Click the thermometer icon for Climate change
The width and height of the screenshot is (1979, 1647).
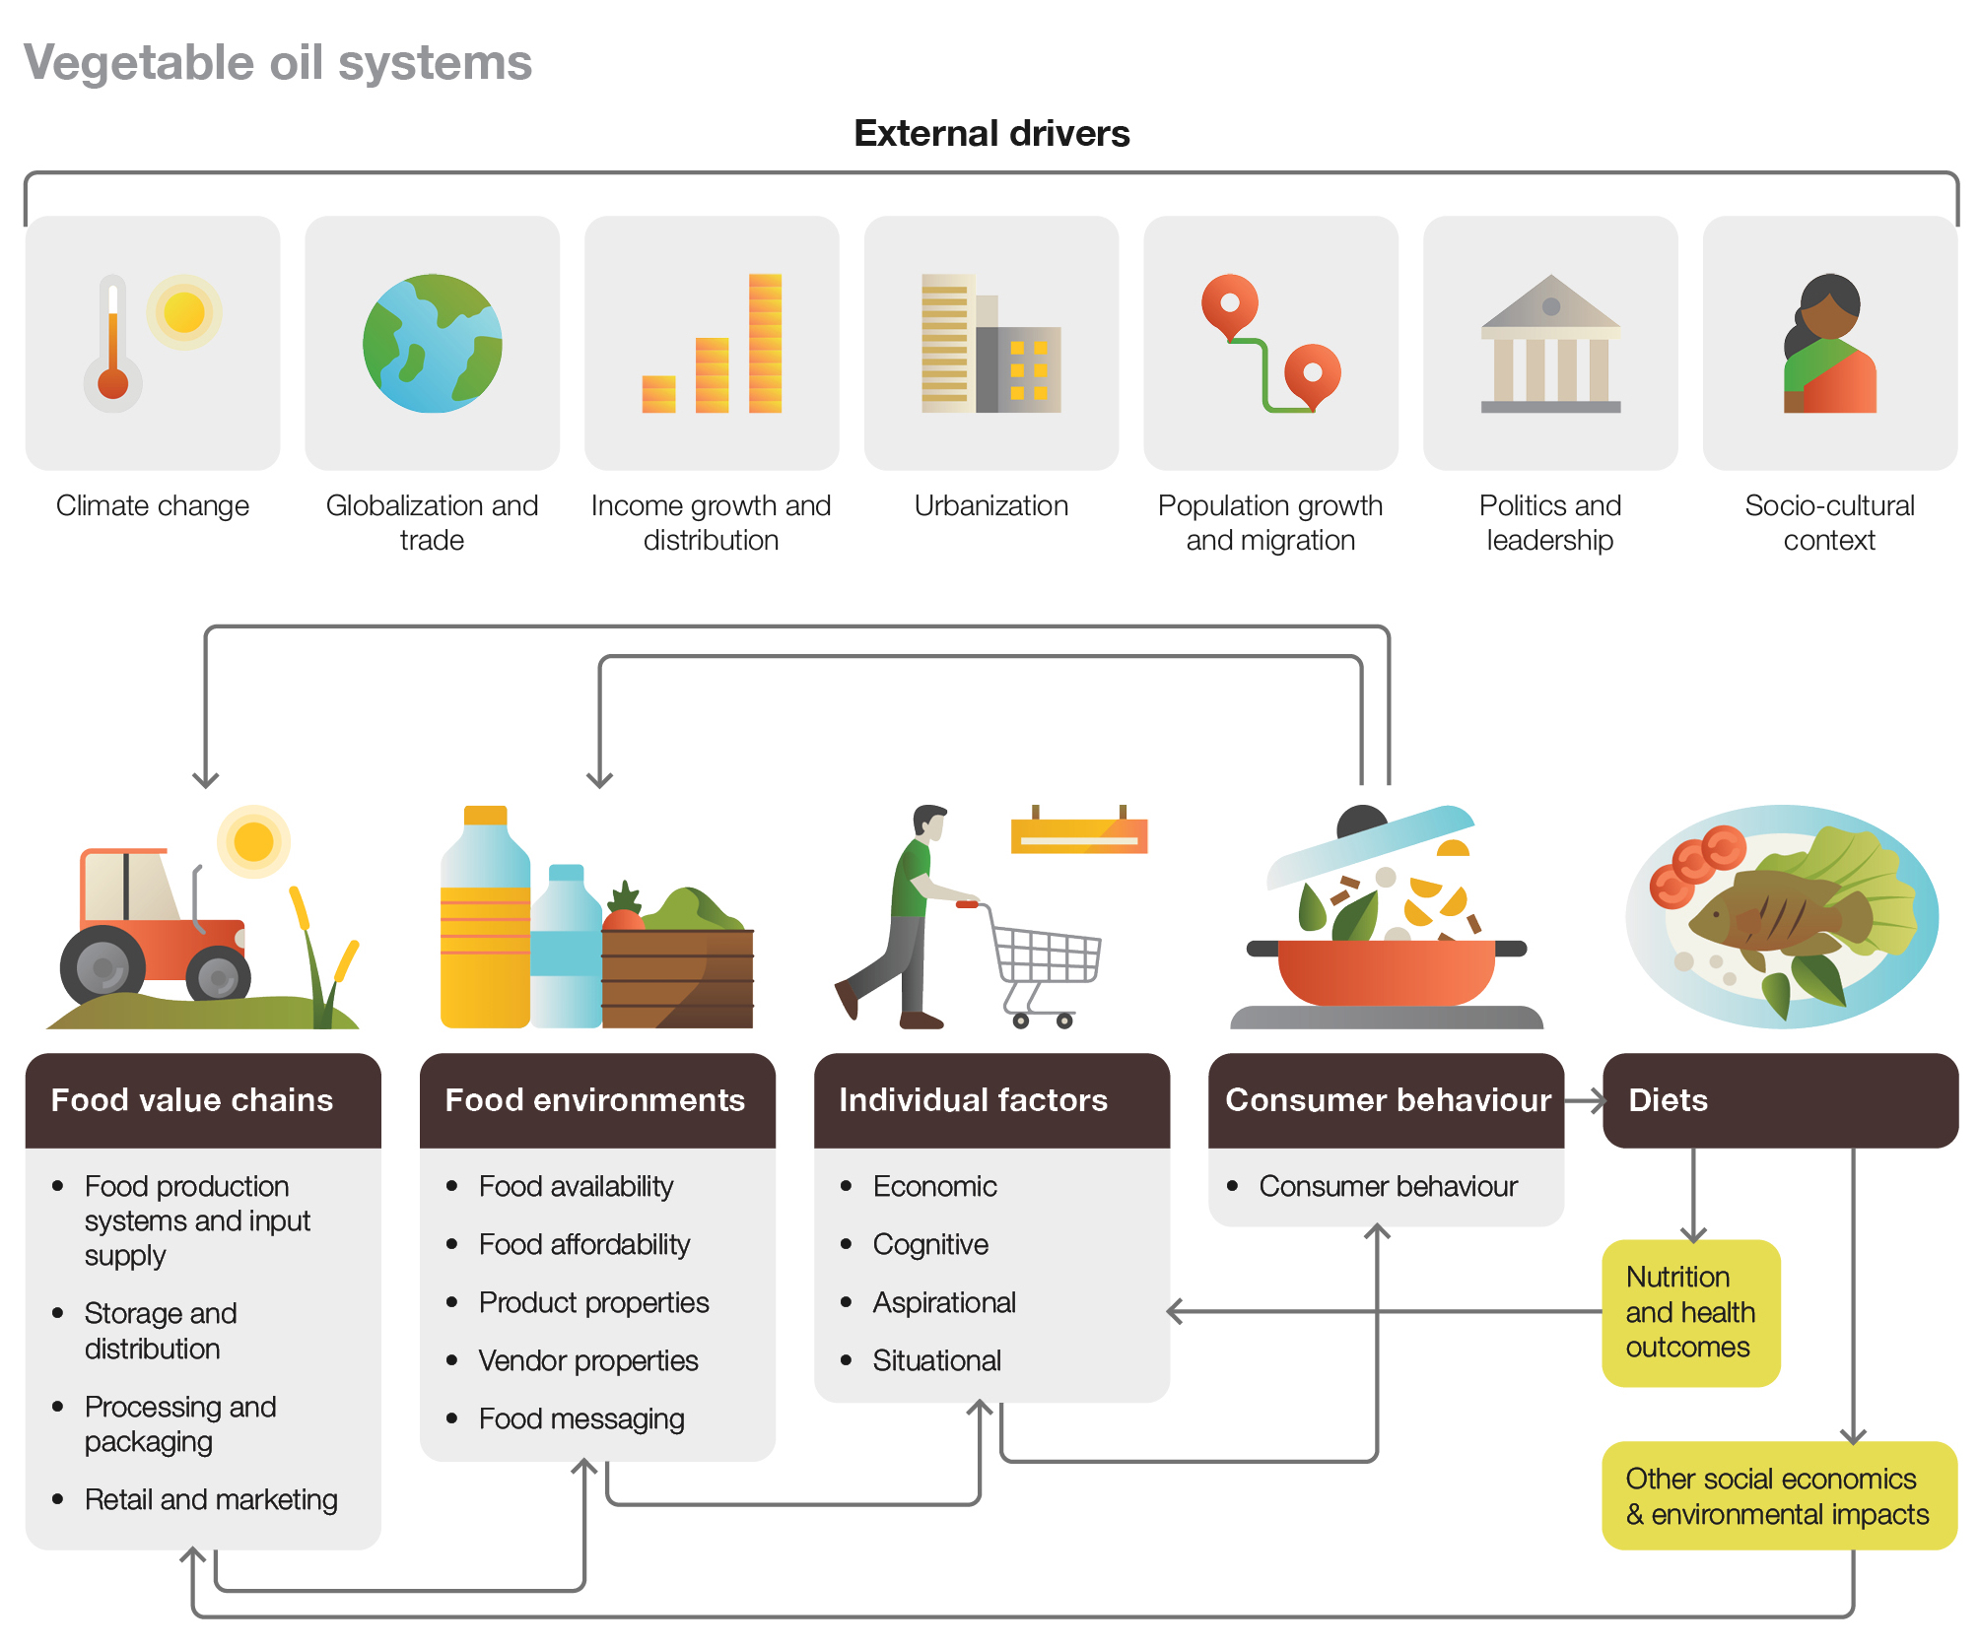pos(113,345)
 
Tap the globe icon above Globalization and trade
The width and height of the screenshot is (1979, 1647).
pos(432,343)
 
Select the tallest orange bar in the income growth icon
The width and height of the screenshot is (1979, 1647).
pos(765,343)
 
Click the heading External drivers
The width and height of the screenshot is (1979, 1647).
pos(991,133)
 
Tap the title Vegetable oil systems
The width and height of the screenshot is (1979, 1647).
pos(278,63)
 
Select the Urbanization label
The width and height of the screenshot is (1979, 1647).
pos(990,505)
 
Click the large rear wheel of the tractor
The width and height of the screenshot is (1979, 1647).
pos(102,969)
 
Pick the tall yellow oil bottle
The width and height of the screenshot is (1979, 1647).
pos(485,926)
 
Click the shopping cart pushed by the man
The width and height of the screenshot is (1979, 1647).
pos(1045,960)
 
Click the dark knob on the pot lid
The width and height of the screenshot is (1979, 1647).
pos(1361,821)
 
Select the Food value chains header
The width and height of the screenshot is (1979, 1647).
pos(192,1099)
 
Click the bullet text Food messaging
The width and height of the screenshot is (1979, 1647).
pos(581,1418)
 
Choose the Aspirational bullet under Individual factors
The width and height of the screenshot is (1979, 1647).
pos(943,1302)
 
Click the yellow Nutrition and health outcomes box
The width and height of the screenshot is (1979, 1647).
pos(1690,1312)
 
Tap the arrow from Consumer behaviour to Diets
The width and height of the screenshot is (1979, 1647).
pos(1584,1100)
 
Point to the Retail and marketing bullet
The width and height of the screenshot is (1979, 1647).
pos(211,1499)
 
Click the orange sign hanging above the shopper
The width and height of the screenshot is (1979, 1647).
pos(1079,834)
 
